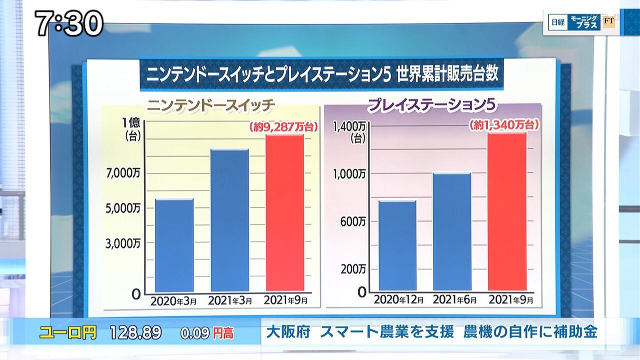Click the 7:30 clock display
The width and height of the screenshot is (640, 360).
pyautogui.click(x=69, y=23)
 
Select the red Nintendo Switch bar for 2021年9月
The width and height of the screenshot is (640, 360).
pyautogui.click(x=284, y=212)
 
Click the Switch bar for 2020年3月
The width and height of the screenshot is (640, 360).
pyautogui.click(x=174, y=245)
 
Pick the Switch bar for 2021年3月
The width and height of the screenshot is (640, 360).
pyautogui.click(x=229, y=220)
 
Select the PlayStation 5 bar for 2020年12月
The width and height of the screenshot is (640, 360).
pyautogui.click(x=397, y=245)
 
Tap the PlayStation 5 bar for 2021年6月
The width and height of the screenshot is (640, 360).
pyautogui.click(x=452, y=231)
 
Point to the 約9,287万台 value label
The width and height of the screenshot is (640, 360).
pyautogui.click(x=283, y=127)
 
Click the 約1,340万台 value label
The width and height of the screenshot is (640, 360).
pyautogui.click(x=504, y=125)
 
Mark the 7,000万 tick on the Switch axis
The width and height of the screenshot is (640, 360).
pyautogui.click(x=123, y=173)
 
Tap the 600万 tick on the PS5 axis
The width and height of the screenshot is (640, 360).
pyautogui.click(x=353, y=221)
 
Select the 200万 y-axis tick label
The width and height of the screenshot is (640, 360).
pyautogui.click(x=353, y=269)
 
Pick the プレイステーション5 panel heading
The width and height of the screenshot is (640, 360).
pyautogui.click(x=433, y=106)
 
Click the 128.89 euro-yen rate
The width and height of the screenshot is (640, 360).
pyautogui.click(x=136, y=332)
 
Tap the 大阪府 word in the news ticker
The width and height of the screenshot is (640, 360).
pyautogui.click(x=286, y=331)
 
